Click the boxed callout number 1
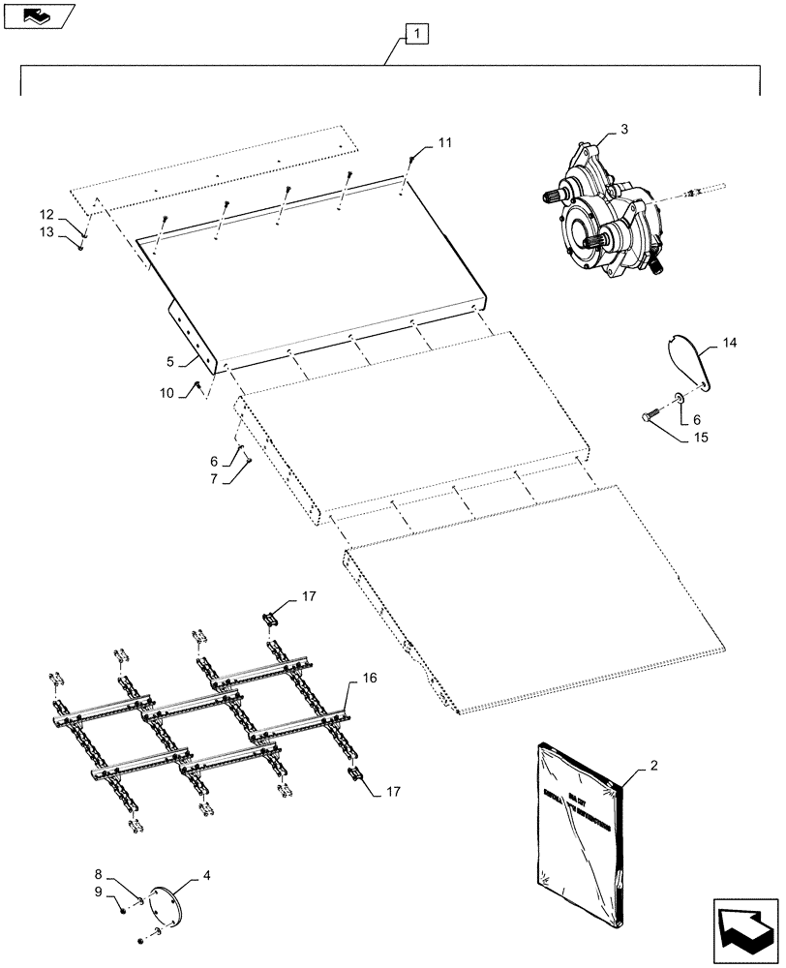click(x=414, y=36)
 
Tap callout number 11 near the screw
click(x=443, y=143)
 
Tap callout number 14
click(x=729, y=342)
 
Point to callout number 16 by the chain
click(x=369, y=681)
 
